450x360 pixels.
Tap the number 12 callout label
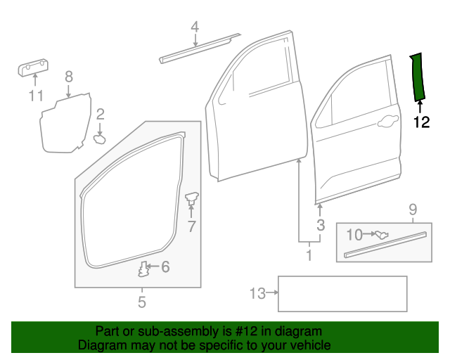(x=420, y=122)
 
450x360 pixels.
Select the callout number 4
(x=195, y=27)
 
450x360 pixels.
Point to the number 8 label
(x=69, y=77)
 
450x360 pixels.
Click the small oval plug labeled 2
(x=99, y=139)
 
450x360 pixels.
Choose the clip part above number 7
(x=191, y=199)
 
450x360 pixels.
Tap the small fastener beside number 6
(x=144, y=269)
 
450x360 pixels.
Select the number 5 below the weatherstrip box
(x=141, y=302)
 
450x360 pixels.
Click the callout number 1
(x=308, y=254)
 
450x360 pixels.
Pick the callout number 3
(x=320, y=225)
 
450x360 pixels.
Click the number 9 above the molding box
(x=413, y=209)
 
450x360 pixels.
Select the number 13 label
(x=258, y=293)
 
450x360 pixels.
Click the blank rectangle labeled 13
(x=342, y=294)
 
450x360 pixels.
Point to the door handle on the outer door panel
(x=386, y=124)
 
